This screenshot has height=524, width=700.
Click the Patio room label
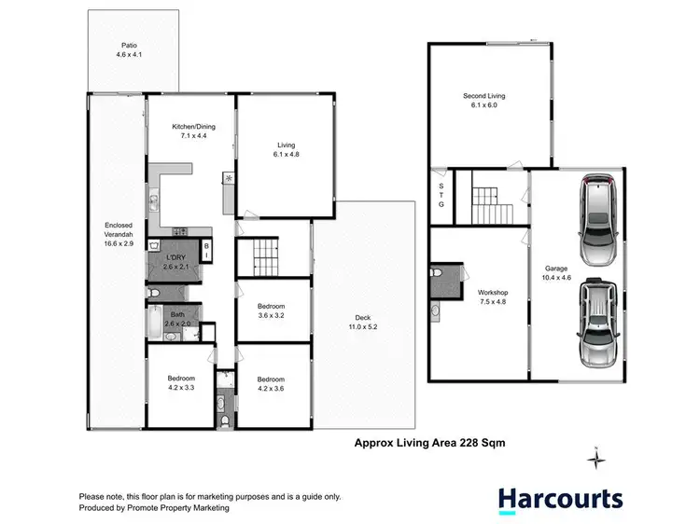128,49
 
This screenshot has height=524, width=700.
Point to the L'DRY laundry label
177,262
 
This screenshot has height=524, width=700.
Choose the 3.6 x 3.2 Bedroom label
271,311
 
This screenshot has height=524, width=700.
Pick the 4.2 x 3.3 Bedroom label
181,382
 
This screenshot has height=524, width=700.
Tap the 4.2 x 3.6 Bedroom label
271,384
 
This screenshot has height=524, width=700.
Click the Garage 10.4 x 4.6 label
556,273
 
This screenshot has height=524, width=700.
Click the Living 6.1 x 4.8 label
287,149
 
